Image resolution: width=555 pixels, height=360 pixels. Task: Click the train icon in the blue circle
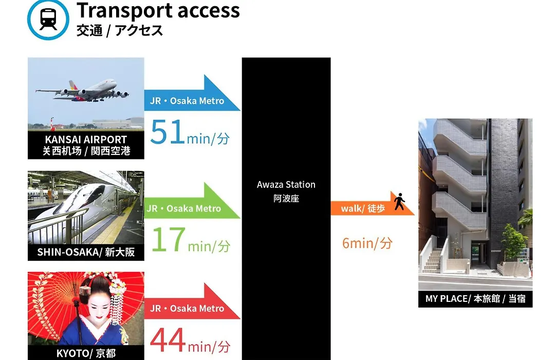click(48, 20)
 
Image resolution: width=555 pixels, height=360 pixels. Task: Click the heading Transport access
click(158, 10)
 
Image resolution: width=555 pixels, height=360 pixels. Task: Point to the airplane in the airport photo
click(82, 91)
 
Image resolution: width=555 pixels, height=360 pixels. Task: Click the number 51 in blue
click(168, 132)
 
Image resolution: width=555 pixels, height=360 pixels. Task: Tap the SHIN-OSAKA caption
click(86, 252)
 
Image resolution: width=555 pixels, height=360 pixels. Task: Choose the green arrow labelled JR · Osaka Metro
click(192, 201)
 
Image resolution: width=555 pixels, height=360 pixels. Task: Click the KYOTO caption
click(86, 353)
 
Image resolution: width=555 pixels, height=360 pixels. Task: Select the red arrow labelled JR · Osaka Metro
click(192, 301)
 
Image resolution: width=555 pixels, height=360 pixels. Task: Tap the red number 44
click(168, 339)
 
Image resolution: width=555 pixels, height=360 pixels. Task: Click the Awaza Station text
click(286, 185)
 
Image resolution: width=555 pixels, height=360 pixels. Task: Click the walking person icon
click(399, 202)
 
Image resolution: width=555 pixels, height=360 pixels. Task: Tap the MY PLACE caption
click(475, 299)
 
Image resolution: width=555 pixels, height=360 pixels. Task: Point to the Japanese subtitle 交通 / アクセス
click(120, 30)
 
